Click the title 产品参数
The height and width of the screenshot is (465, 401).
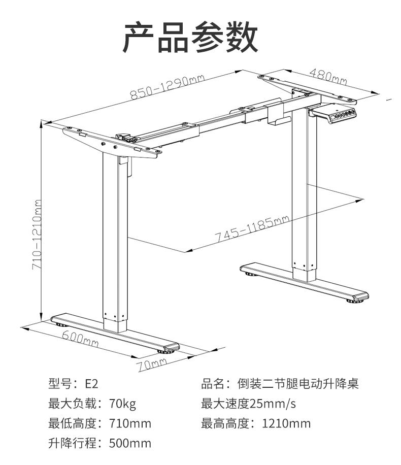[x=190, y=37]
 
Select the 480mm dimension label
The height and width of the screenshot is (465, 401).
[x=328, y=77]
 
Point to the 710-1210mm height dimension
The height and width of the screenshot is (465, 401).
[x=37, y=235]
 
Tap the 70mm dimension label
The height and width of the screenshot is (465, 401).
[x=152, y=364]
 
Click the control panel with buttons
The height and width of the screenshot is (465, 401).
[x=342, y=115]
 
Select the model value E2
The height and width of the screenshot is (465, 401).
[x=91, y=384]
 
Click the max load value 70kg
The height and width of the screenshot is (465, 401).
[x=122, y=404]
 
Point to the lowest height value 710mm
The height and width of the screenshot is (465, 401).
[x=130, y=423]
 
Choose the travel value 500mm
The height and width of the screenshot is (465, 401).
[x=130, y=443]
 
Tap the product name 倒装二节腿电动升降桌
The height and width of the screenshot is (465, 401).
[x=298, y=384]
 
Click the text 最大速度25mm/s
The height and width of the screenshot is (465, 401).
[x=248, y=404]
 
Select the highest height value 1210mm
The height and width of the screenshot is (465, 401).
[x=286, y=423]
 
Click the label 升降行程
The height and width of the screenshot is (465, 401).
[x=73, y=443]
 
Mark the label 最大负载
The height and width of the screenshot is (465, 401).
[x=73, y=404]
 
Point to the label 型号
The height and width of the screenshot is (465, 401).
[x=60, y=384]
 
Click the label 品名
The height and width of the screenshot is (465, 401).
[x=213, y=384]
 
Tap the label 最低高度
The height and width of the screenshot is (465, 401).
[x=73, y=423]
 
